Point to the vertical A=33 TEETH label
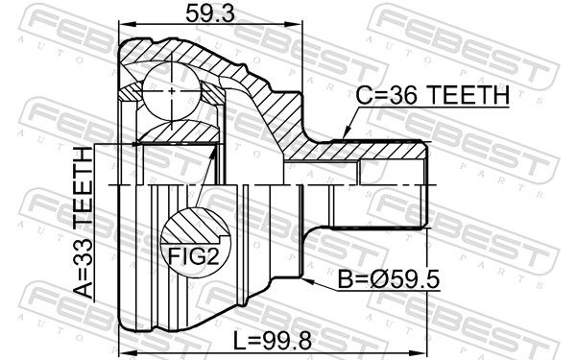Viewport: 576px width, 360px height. (x=84, y=223)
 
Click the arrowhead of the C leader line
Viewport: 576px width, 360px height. (x=343, y=137)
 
